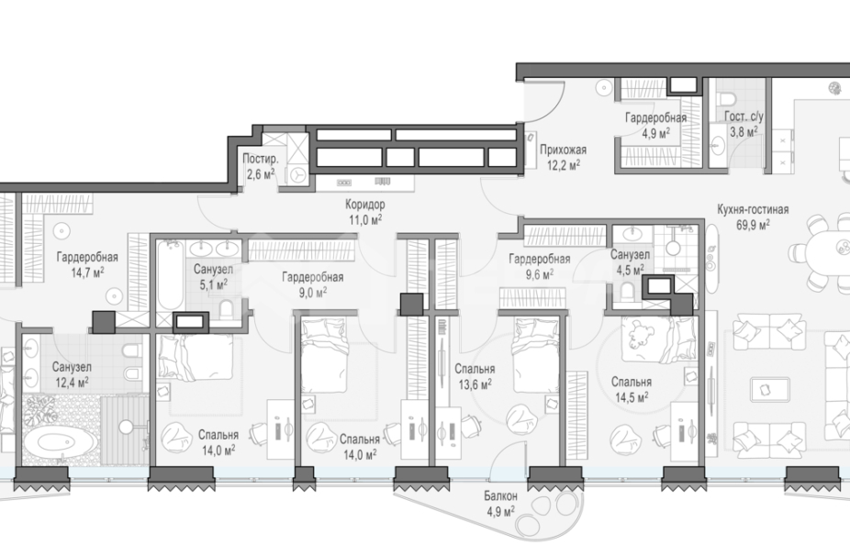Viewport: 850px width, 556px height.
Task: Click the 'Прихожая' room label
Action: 563,150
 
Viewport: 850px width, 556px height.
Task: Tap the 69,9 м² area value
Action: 753,224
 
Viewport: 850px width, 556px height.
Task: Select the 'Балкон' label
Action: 500,495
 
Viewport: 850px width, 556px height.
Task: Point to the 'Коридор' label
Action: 365,205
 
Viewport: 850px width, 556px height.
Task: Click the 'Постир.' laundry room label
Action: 261,160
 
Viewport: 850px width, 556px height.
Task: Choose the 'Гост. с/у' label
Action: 744,117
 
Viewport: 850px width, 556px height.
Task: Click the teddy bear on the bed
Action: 640,334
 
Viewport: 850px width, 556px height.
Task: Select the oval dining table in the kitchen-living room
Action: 828,252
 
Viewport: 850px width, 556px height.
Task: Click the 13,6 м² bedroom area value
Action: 475,384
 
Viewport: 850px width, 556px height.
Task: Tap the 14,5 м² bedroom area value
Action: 632,397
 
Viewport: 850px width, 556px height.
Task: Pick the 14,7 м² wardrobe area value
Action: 87,272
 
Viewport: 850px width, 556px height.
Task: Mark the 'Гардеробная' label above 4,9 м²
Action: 656,117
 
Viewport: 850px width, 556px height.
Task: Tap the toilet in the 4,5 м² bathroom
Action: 628,292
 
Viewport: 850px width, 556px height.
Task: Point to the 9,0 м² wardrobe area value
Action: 312,292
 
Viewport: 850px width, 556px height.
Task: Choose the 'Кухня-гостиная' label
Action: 753,209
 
